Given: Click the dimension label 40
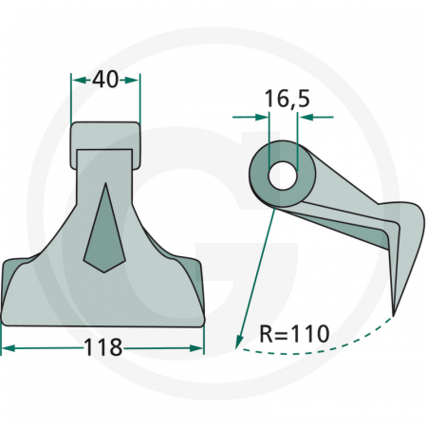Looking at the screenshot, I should pos(105,82).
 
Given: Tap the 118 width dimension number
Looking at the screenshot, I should pos(103,347).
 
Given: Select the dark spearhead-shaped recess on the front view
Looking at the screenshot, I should pos(105,228).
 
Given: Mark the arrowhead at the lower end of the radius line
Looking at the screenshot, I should pos(234,344).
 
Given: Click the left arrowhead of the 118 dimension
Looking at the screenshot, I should pos(8,348).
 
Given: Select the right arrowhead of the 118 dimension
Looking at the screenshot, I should pos(198,348).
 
